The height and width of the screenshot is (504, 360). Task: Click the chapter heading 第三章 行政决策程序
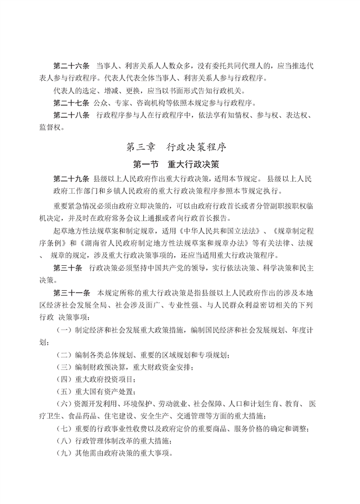click(179, 146)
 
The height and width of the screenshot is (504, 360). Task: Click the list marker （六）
click(63, 404)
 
